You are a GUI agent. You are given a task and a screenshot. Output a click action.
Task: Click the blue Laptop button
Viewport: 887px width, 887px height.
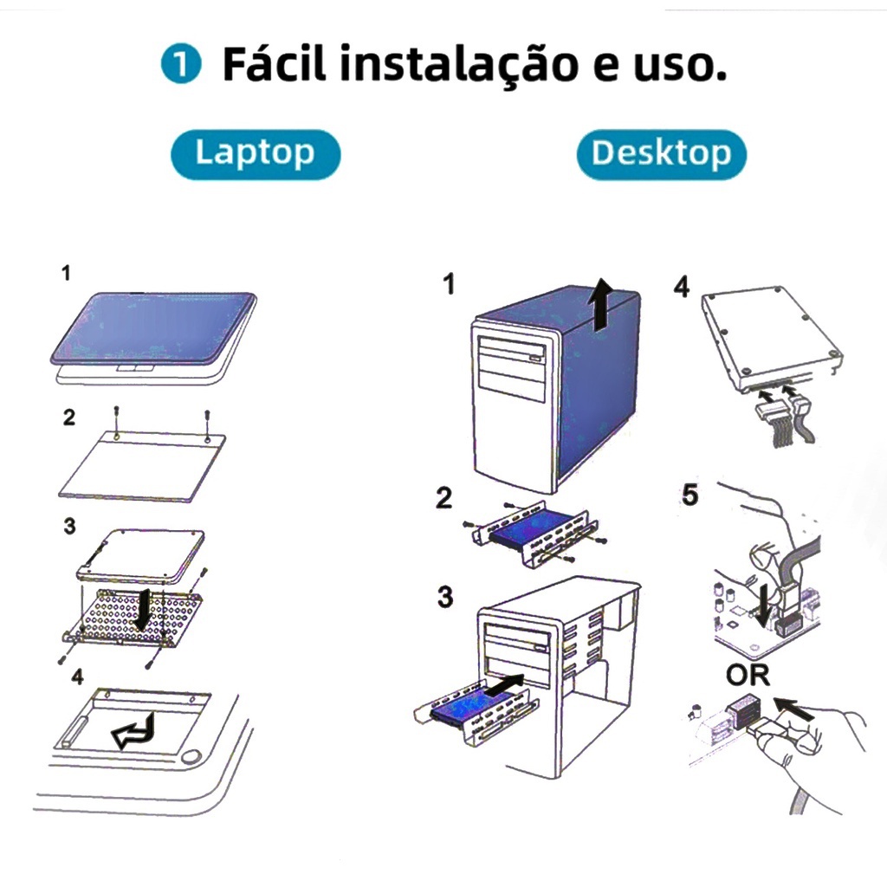[x=256, y=154]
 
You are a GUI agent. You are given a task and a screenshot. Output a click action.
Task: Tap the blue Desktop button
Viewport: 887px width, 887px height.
[x=661, y=154]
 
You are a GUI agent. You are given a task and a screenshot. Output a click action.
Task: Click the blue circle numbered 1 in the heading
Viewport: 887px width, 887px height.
[x=181, y=64]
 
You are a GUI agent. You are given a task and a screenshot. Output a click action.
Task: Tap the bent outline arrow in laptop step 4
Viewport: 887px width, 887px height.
[x=134, y=731]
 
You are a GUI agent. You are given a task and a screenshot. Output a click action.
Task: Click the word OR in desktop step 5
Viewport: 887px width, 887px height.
[x=748, y=675]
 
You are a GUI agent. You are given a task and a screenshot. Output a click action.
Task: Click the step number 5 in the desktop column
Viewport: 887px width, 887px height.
[x=690, y=495]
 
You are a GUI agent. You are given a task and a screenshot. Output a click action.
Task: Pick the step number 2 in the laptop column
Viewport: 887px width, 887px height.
[x=69, y=418]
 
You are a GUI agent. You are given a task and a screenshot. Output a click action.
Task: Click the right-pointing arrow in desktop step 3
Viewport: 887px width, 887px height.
[x=505, y=685]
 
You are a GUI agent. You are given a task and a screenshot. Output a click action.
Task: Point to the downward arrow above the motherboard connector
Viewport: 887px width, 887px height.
[x=764, y=606]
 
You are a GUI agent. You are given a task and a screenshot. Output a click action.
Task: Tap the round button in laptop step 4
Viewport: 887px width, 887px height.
[x=193, y=756]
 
